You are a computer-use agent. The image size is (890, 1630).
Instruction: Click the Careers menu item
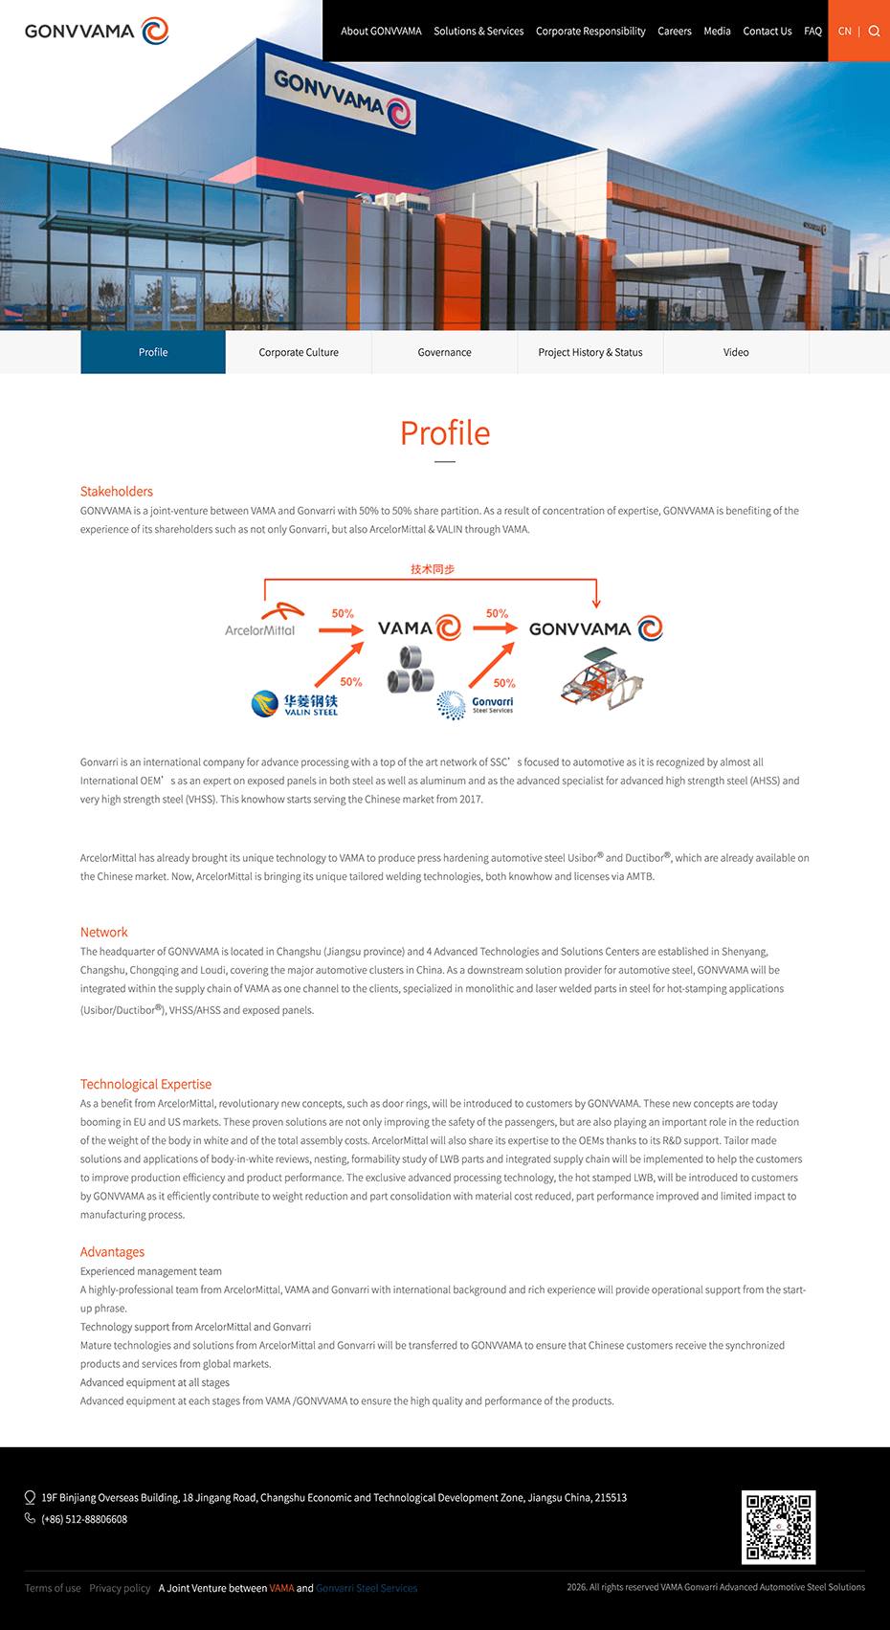674,32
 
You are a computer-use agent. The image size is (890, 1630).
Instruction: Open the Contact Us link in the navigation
767,32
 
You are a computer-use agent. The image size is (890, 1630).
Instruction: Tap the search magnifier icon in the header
874,32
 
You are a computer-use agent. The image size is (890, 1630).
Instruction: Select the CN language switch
844,32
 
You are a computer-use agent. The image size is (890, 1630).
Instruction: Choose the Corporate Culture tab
299,352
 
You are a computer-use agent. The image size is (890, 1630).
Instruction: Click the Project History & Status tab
590,352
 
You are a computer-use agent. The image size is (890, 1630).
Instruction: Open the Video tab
736,352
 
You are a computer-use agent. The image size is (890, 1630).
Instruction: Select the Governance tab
444,352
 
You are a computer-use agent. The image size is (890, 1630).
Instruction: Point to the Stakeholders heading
117,492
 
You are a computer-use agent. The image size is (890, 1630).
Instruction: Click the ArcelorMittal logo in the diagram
262,621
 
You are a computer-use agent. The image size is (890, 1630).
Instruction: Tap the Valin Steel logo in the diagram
295,705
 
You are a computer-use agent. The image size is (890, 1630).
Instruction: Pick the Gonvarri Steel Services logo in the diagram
476,706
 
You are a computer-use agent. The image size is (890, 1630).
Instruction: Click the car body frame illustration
602,678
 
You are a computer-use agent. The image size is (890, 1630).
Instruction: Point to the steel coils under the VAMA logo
411,669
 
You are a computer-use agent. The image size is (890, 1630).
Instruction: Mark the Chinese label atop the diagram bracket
433,569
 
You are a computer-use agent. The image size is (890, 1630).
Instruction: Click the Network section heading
103,933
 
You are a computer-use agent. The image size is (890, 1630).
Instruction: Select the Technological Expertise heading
145,1085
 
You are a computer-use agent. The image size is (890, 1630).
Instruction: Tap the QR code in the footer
779,1527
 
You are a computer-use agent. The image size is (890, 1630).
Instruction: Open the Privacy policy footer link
120,1588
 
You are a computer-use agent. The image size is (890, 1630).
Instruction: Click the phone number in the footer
84,1519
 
